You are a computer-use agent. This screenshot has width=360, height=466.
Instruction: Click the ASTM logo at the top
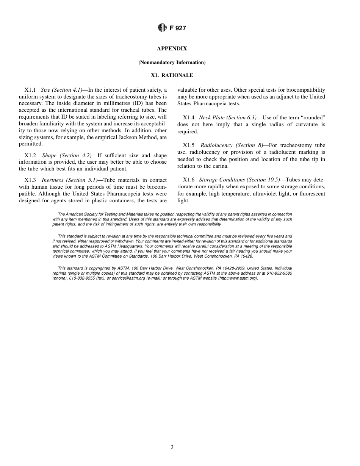pos(162,28)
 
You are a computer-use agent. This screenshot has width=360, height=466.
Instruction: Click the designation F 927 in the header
pos(178,28)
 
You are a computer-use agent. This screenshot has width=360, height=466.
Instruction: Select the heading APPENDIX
pos(172,48)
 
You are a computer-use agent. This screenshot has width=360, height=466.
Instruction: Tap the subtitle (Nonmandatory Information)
pos(172,62)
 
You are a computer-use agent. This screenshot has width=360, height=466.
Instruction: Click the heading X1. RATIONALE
pos(172,75)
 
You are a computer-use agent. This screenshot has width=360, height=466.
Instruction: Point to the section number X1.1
pos(30,90)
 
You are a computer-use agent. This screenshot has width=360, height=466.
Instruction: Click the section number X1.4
pos(188,118)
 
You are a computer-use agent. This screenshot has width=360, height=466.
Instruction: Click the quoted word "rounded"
pos(312,118)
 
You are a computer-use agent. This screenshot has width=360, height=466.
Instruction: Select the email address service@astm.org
pos(128,278)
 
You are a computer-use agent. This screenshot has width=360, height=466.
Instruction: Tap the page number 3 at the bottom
pos(172,447)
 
